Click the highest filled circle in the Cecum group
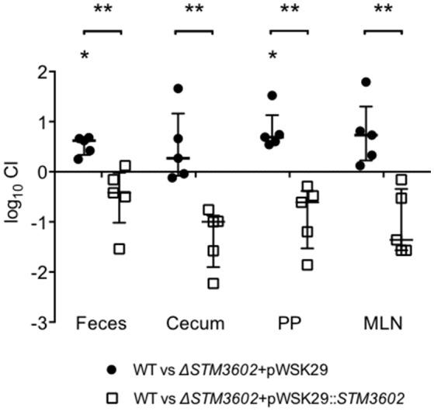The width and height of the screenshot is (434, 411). (178, 89)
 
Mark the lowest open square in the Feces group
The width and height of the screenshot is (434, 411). (120, 248)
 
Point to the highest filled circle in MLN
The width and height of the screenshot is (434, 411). (366, 82)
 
